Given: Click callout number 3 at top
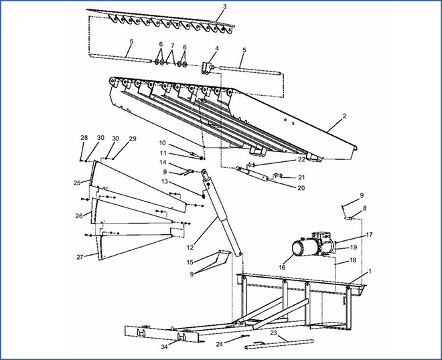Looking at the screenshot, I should pyautogui.click(x=224, y=7).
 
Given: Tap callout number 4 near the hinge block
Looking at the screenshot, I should pyautogui.click(x=216, y=49).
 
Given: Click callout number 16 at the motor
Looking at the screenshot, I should pyautogui.click(x=282, y=267).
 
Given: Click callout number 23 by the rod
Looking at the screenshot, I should pyautogui.click(x=273, y=332).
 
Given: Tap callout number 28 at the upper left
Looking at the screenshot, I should pyautogui.click(x=84, y=138).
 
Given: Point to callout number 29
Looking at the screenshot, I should pyautogui.click(x=133, y=139).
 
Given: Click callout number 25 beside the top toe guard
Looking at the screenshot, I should pyautogui.click(x=77, y=182).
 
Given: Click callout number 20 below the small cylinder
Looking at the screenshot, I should pyautogui.click(x=301, y=188).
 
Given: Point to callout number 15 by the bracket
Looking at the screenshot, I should pyautogui.click(x=190, y=262).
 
